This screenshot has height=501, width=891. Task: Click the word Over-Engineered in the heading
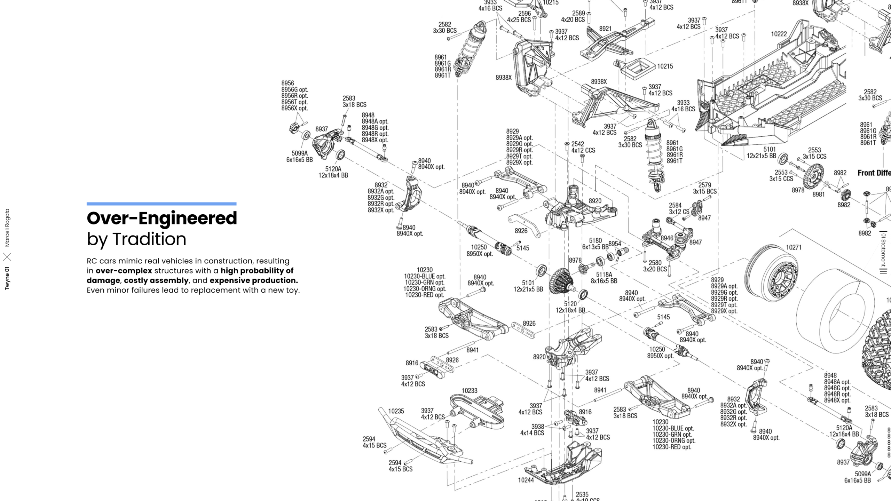pos(162,218)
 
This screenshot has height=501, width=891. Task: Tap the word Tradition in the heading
pos(149,239)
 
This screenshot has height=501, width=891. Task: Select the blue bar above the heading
pos(161,204)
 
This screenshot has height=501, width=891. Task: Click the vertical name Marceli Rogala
pos(7,228)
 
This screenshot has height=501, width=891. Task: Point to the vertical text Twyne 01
pos(7,278)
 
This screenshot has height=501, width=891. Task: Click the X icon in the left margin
pos(7,257)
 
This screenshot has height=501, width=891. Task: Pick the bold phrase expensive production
pos(254,280)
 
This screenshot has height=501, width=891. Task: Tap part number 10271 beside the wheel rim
pos(794,247)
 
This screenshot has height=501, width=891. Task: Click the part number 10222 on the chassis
pos(779,34)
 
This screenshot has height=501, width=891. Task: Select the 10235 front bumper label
pos(396,411)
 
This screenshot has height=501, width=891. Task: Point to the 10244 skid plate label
pos(526,480)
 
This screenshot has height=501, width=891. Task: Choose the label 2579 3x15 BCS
pos(705,188)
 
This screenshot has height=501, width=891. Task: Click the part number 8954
pos(615,244)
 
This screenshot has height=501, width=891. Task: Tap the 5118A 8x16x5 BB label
pos(604,278)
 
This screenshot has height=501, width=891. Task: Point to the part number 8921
pos(605,29)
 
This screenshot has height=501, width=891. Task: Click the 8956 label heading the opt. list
pos(288,83)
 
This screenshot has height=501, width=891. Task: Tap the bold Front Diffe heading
pos(874,173)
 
